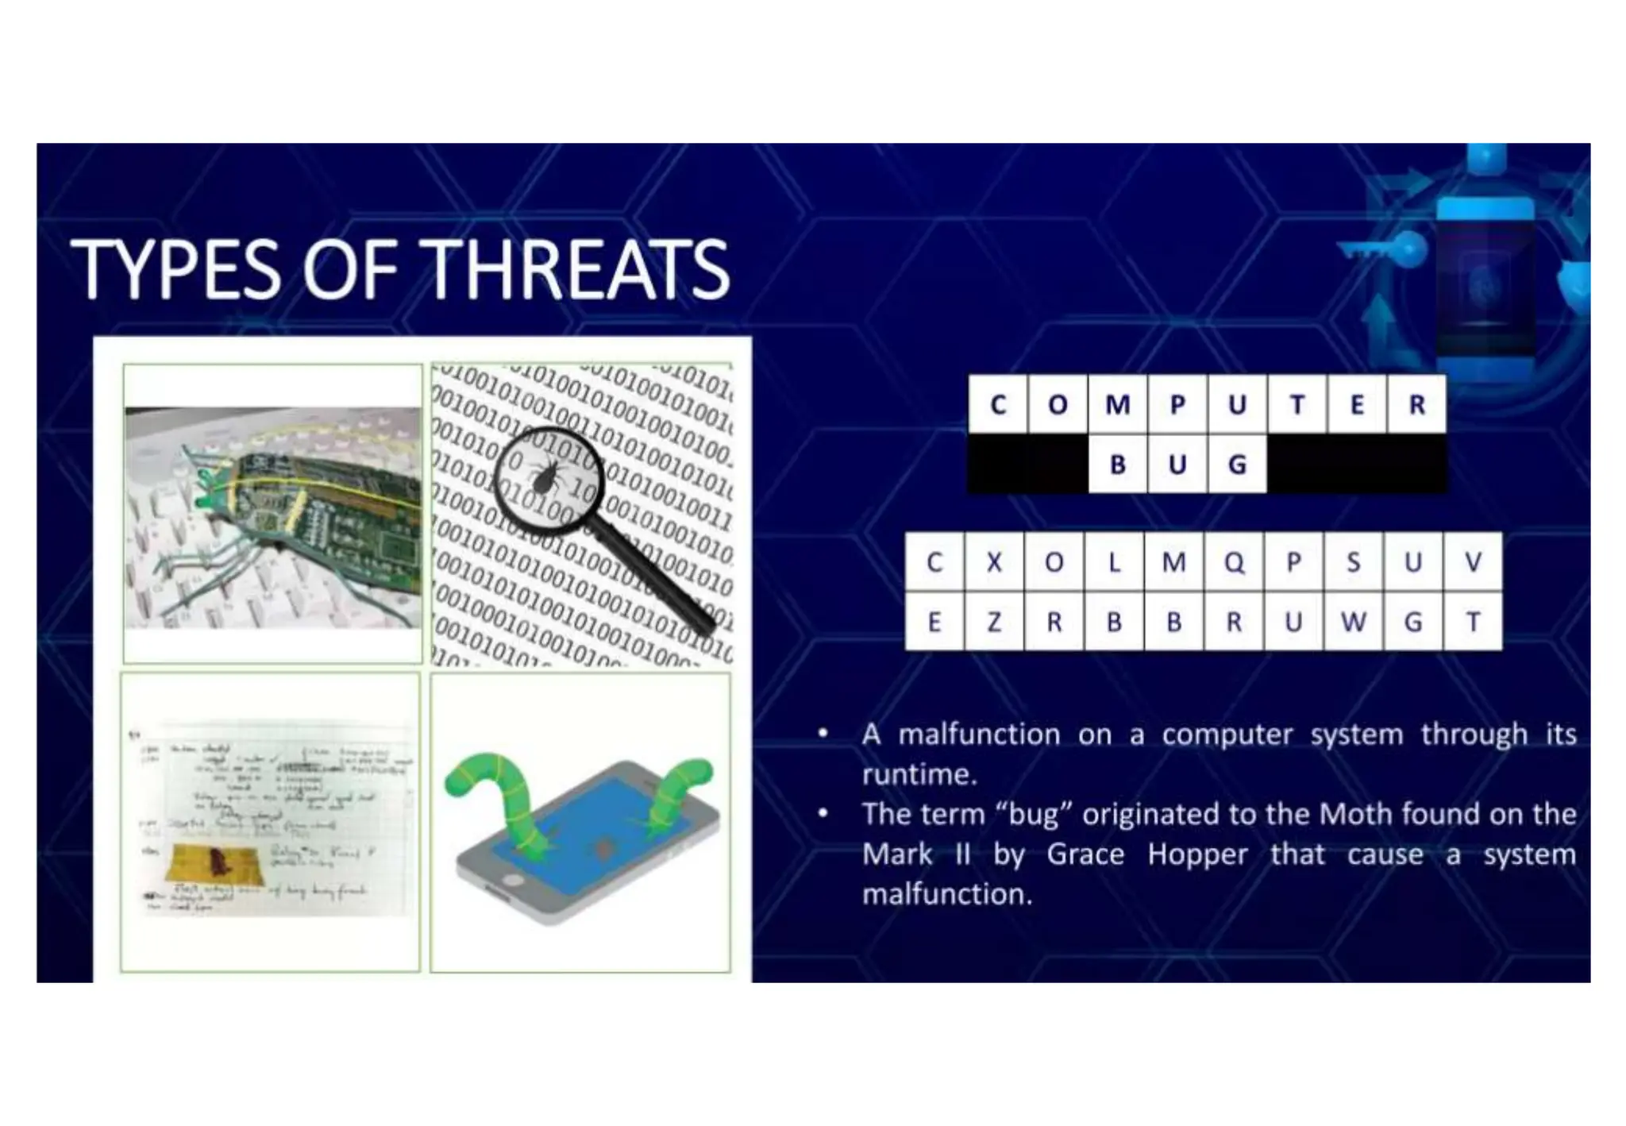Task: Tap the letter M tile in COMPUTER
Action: point(1118,405)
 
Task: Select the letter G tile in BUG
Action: point(1237,465)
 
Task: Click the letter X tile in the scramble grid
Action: point(994,562)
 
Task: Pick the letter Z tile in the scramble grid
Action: point(994,622)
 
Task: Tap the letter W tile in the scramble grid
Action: point(1353,622)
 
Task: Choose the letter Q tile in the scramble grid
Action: point(1234,562)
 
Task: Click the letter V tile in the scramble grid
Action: point(1473,562)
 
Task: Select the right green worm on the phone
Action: point(675,794)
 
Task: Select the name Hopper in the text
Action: point(1197,855)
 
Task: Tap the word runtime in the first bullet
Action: point(919,774)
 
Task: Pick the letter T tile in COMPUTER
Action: point(1297,405)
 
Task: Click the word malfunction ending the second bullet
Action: point(946,895)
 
